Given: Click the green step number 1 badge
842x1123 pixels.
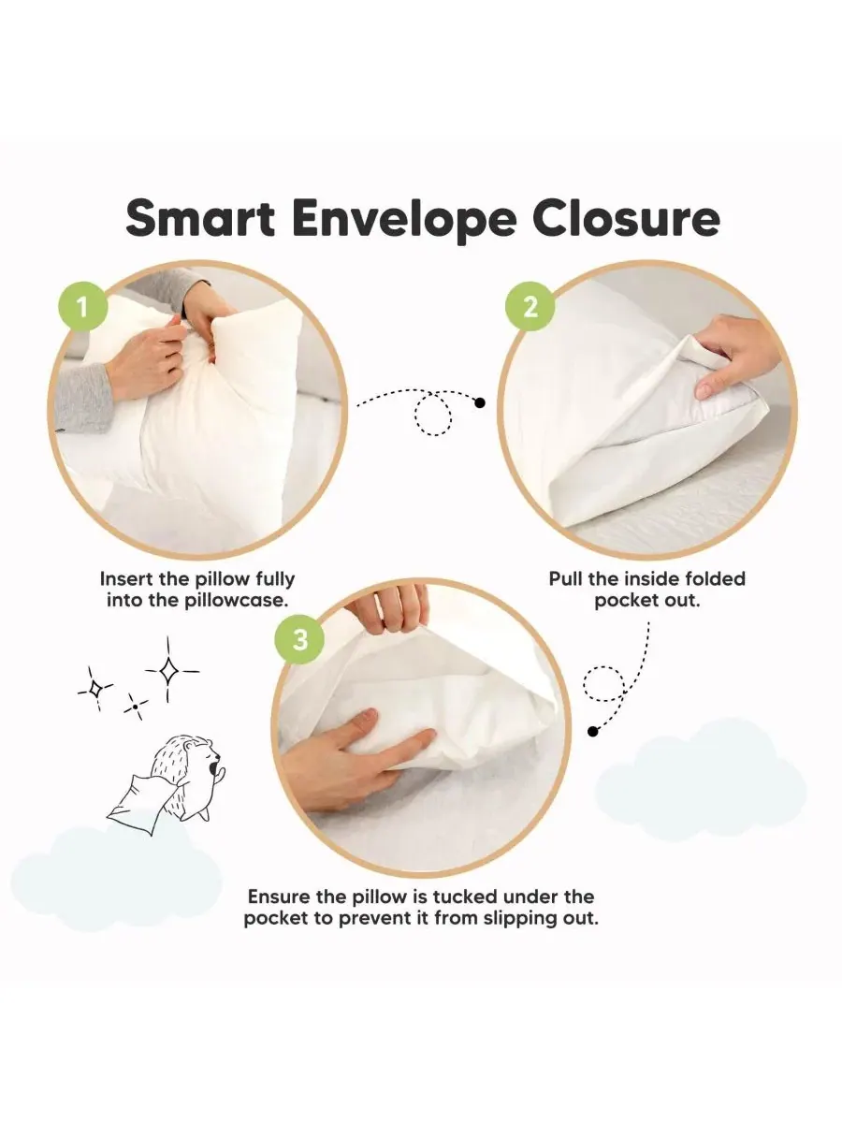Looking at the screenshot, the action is [x=83, y=308].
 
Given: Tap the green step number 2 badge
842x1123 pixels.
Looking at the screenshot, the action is [x=530, y=308].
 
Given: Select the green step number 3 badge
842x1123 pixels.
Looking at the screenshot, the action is [x=299, y=640].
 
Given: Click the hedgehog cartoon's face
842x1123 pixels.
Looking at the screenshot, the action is [x=206, y=754].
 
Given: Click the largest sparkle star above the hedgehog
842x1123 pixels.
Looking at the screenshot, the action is [x=168, y=670].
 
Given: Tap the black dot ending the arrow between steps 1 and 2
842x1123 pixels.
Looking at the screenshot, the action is [x=480, y=402].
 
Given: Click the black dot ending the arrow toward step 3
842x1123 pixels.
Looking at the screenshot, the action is [x=592, y=732].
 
